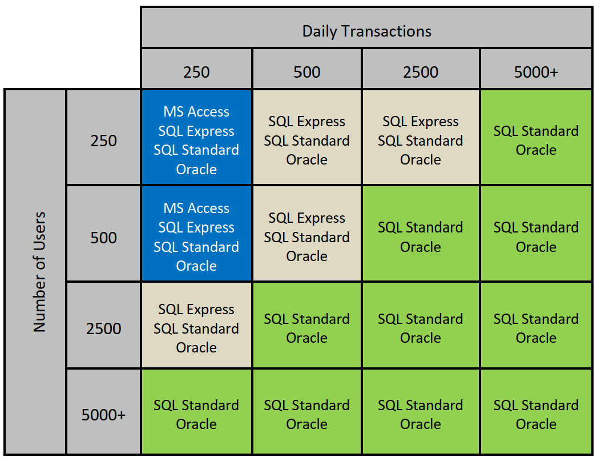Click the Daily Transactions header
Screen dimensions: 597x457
tap(366, 31)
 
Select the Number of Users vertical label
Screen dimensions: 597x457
tap(39, 272)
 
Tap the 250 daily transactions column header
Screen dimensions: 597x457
tap(196, 71)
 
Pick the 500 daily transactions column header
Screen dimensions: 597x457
tap(307, 71)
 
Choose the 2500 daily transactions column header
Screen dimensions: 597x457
tap(421, 71)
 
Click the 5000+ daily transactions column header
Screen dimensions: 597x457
tap(536, 71)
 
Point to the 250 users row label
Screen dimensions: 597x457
tap(103, 141)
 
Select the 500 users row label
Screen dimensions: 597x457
tap(103, 238)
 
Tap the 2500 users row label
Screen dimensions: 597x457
tap(103, 328)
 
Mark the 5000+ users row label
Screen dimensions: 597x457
tap(103, 414)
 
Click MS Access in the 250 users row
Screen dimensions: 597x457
tap(196, 111)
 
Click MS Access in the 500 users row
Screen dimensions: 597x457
tap(196, 208)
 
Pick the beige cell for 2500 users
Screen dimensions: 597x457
tap(196, 325)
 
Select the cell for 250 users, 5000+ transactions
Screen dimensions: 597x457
tap(536, 138)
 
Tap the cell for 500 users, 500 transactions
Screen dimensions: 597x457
tap(307, 234)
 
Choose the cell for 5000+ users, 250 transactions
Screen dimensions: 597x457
tap(196, 412)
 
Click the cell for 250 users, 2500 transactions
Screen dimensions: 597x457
tap(421, 138)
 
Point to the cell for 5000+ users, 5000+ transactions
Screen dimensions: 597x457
tap(536, 412)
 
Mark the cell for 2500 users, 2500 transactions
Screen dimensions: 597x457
tap(421, 325)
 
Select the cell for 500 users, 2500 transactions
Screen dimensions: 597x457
tap(421, 234)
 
